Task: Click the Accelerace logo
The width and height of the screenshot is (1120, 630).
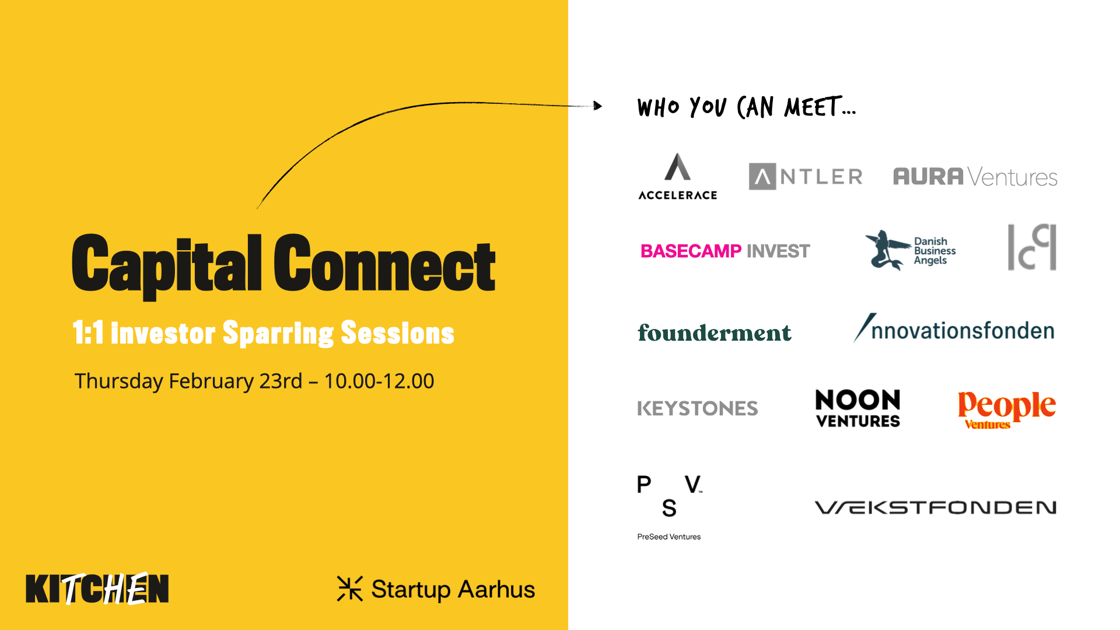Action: (x=678, y=177)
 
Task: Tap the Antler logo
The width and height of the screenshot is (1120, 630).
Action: (x=806, y=176)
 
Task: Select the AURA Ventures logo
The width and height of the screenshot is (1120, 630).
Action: (x=975, y=177)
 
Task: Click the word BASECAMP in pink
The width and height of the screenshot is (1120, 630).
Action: (x=691, y=251)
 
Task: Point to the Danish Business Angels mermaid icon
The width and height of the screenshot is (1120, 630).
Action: (x=887, y=250)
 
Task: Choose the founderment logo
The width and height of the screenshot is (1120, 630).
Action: (x=715, y=332)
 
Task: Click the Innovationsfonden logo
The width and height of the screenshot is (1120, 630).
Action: (x=954, y=328)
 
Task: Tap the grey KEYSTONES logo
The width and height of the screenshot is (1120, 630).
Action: (x=698, y=408)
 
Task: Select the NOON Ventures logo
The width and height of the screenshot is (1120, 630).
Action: (x=857, y=408)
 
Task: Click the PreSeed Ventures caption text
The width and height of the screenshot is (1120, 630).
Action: (x=669, y=537)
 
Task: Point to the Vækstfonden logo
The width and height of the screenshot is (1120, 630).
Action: (x=936, y=508)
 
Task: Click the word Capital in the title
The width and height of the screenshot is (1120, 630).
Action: (x=167, y=265)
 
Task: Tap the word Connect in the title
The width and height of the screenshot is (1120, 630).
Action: (x=385, y=264)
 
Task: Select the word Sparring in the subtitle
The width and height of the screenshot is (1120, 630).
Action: (x=278, y=333)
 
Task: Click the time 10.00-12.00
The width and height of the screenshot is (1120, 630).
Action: (x=379, y=381)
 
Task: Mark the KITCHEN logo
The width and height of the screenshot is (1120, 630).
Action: (x=97, y=589)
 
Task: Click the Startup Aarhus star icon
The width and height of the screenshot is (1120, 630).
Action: (x=350, y=589)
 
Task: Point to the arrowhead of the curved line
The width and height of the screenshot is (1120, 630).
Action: (x=598, y=106)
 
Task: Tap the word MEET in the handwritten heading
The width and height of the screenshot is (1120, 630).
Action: (x=813, y=107)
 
